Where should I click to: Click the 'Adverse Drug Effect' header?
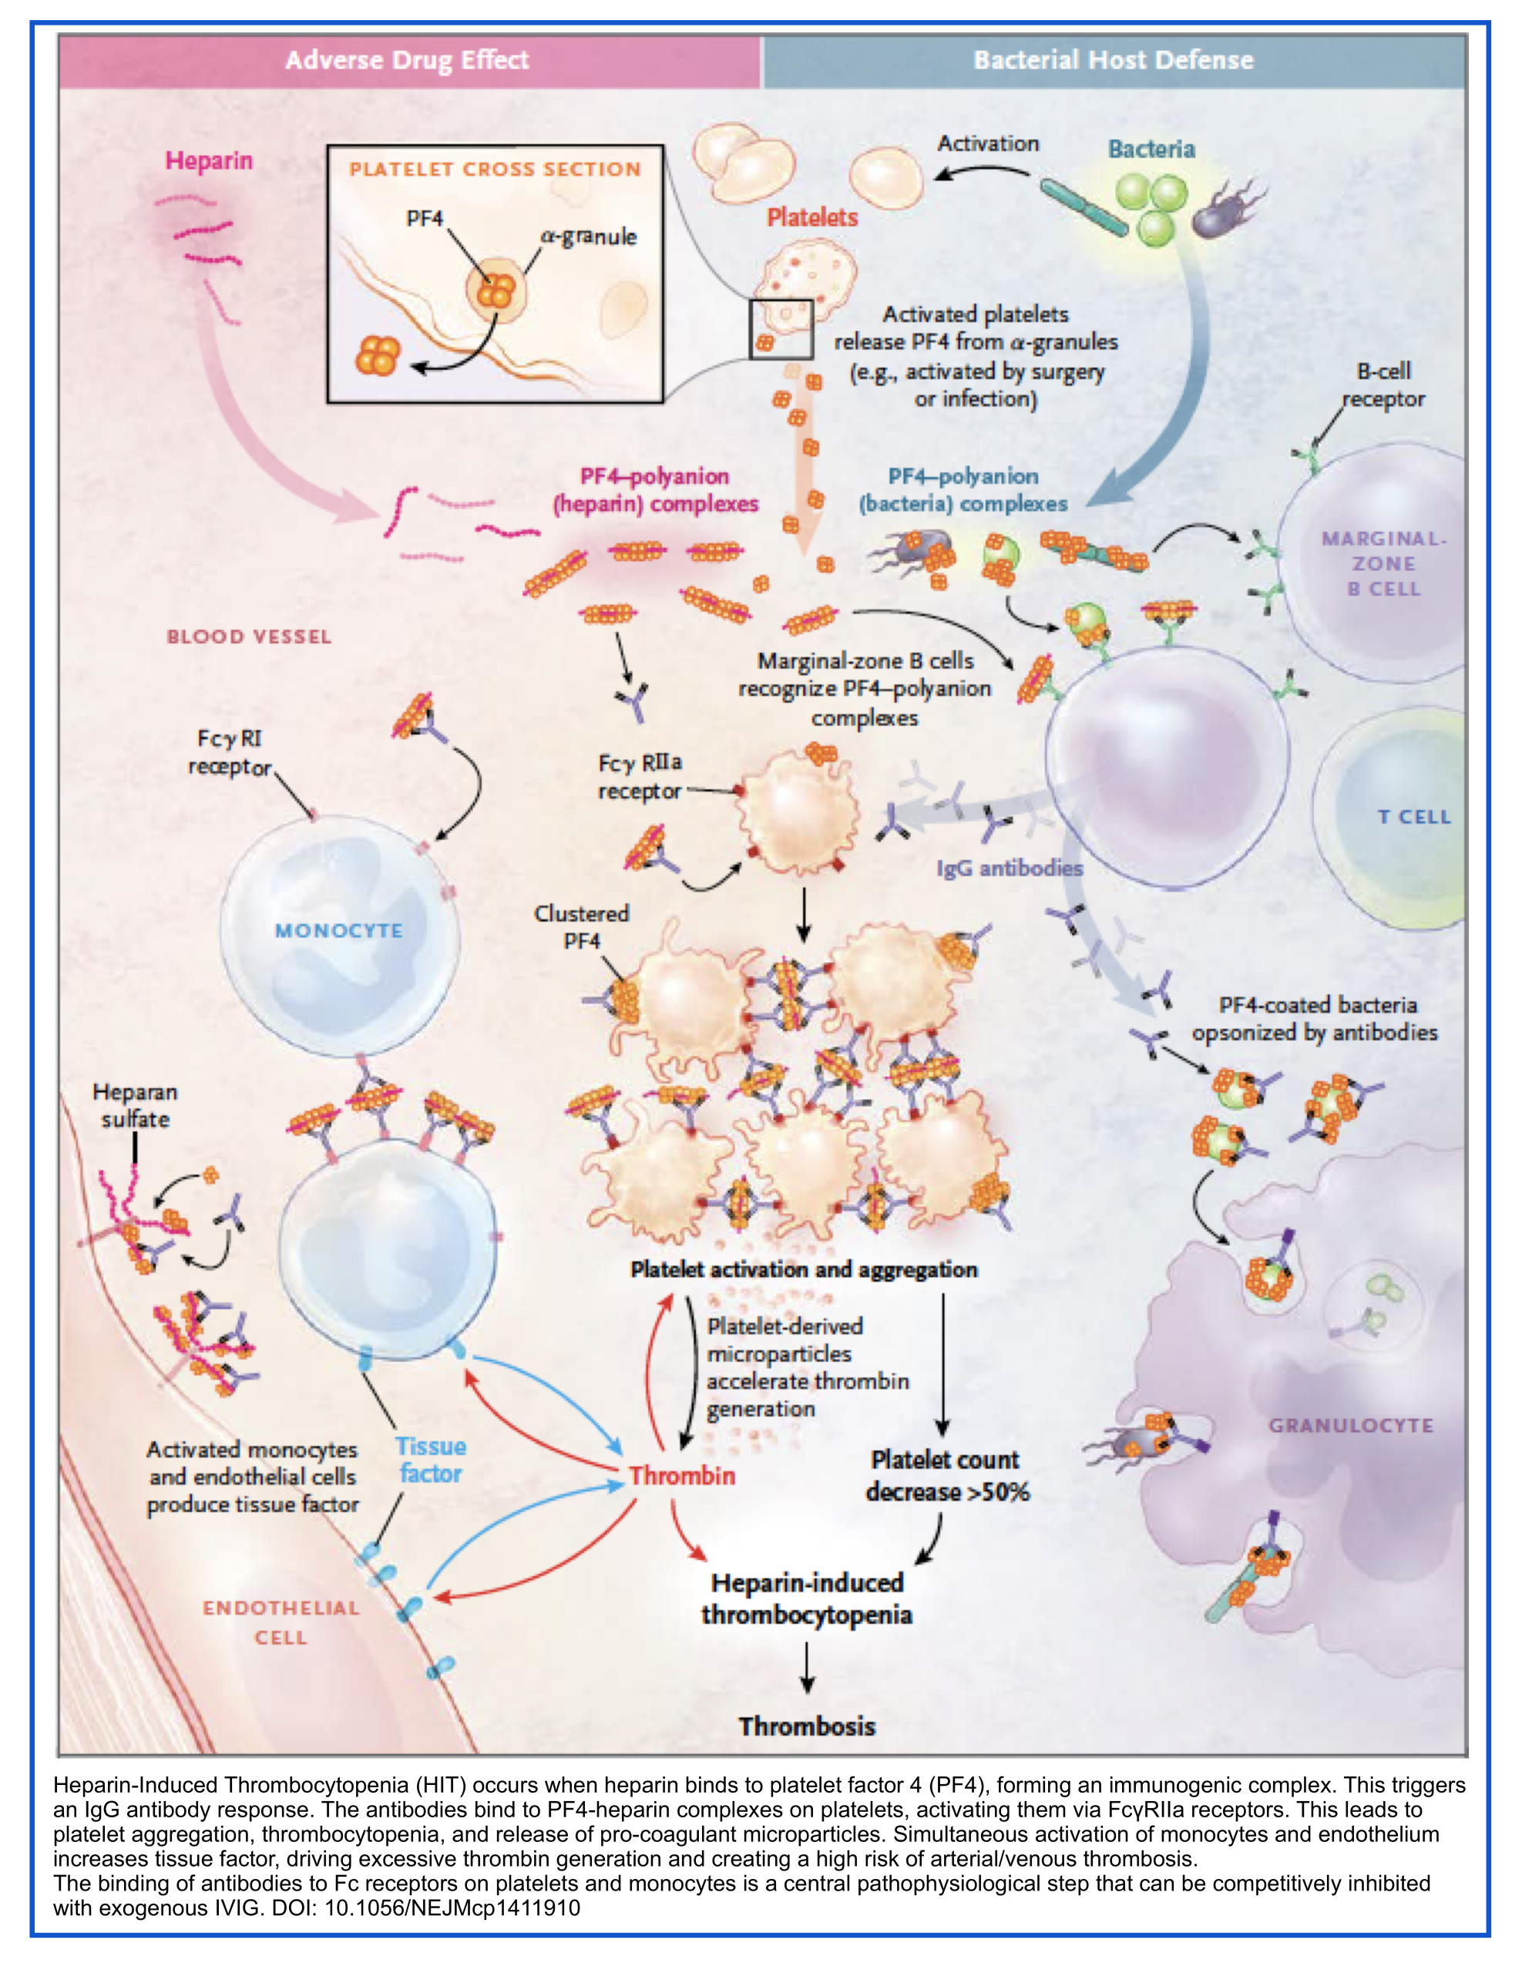tap(406, 61)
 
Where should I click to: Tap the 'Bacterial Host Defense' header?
tap(1113, 61)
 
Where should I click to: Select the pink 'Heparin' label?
tap(209, 161)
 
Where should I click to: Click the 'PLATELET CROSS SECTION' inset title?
tap(495, 169)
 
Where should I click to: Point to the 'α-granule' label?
tap(588, 237)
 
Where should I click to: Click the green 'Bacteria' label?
tap(1151, 149)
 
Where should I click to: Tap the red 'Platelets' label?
tap(812, 217)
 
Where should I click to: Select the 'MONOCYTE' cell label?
tap(339, 930)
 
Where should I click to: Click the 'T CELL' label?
tap(1413, 817)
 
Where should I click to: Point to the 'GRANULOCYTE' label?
tap(1350, 1426)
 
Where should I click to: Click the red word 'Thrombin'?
tap(682, 1475)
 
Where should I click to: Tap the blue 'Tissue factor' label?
tap(431, 1460)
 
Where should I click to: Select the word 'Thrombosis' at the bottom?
tap(807, 1726)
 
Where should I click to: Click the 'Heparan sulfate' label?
tap(136, 1106)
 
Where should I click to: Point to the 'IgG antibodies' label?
tap(1009, 868)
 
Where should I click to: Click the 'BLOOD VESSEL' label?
tap(250, 637)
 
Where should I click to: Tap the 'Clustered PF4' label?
tap(582, 927)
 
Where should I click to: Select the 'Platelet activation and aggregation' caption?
tap(804, 1269)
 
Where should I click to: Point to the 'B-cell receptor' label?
tap(1383, 385)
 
